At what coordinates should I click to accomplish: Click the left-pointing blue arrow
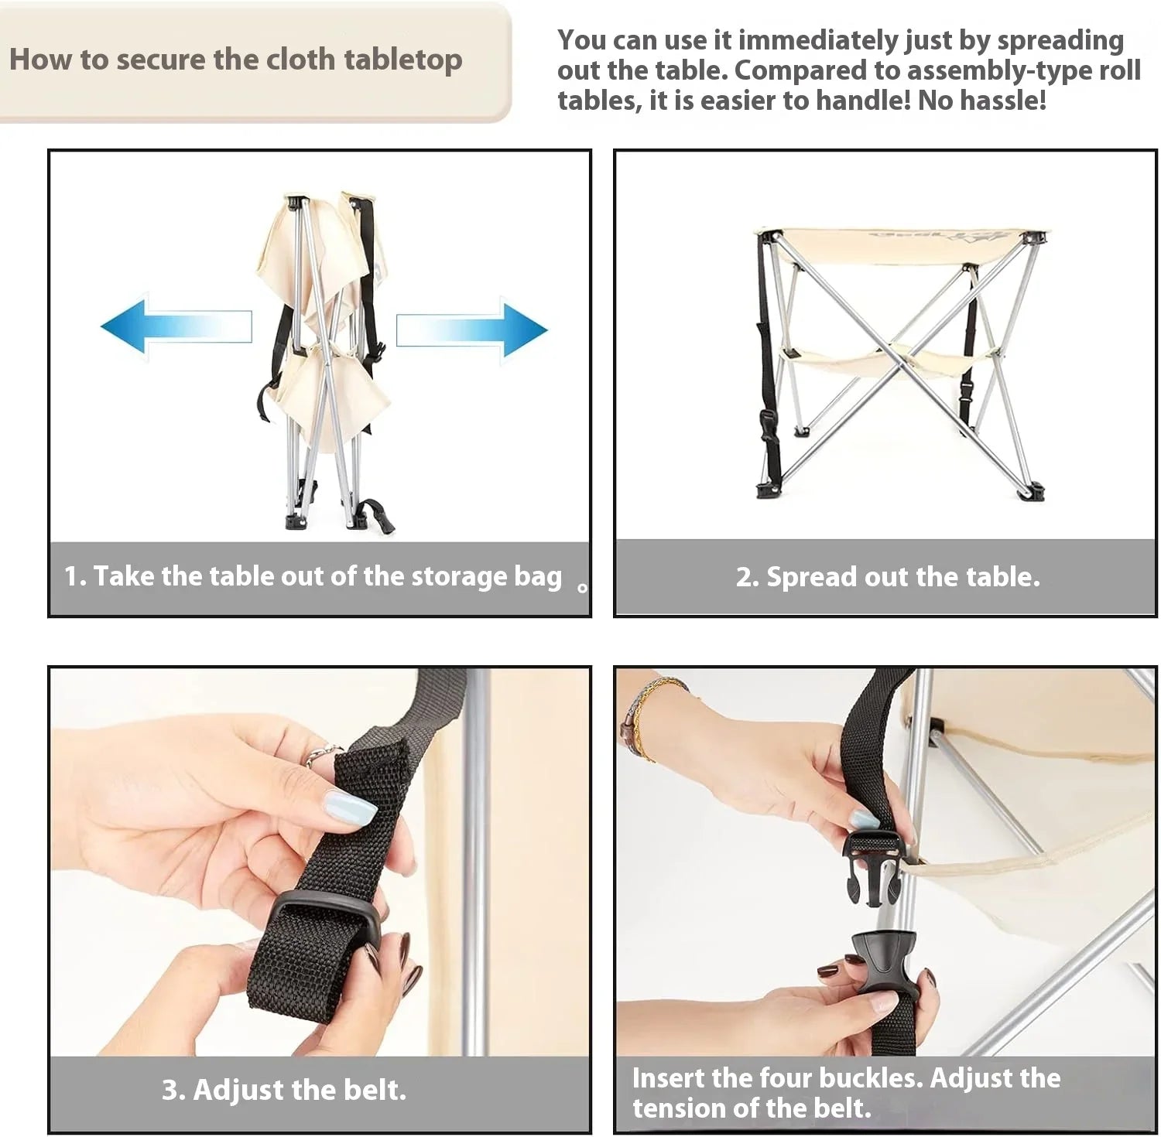pyautogui.click(x=176, y=326)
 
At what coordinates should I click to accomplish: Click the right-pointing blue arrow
pyautogui.click(x=472, y=330)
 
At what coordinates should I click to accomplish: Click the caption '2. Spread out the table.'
pyautogui.click(x=888, y=577)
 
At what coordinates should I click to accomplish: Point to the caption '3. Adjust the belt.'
pyautogui.click(x=284, y=1090)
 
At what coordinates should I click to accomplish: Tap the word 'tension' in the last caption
pyautogui.click(x=679, y=1109)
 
